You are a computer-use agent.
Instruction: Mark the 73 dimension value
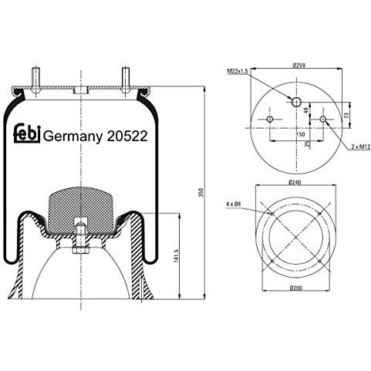tap(349, 116)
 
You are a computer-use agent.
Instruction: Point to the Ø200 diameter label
tap(295, 288)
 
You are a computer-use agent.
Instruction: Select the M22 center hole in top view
tap(296, 101)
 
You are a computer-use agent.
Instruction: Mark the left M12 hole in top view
tap(270, 120)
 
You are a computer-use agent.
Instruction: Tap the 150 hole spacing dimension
tap(296, 133)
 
